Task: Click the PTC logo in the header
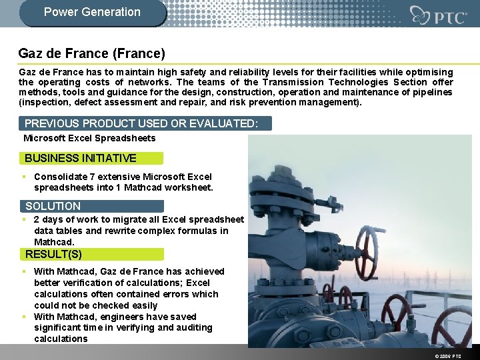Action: pos(438,15)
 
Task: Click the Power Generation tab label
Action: pos(92,12)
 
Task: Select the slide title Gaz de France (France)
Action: pos(92,53)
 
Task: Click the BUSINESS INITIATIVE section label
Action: pos(81,158)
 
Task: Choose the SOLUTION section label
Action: pos(53,206)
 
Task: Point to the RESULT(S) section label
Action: pos(53,254)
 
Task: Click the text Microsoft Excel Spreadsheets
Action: pos(89,138)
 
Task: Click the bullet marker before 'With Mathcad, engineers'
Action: pos(23,317)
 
